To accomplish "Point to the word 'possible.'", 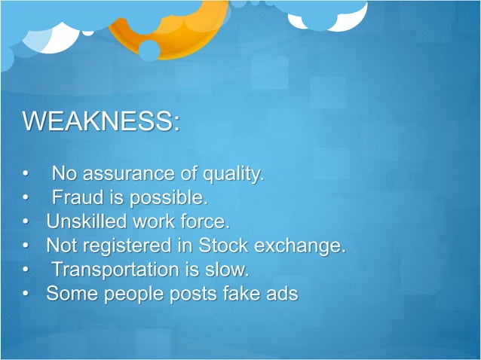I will click(x=171, y=199).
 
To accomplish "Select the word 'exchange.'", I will click(x=302, y=246).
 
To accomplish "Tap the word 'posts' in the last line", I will click(x=197, y=294).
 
